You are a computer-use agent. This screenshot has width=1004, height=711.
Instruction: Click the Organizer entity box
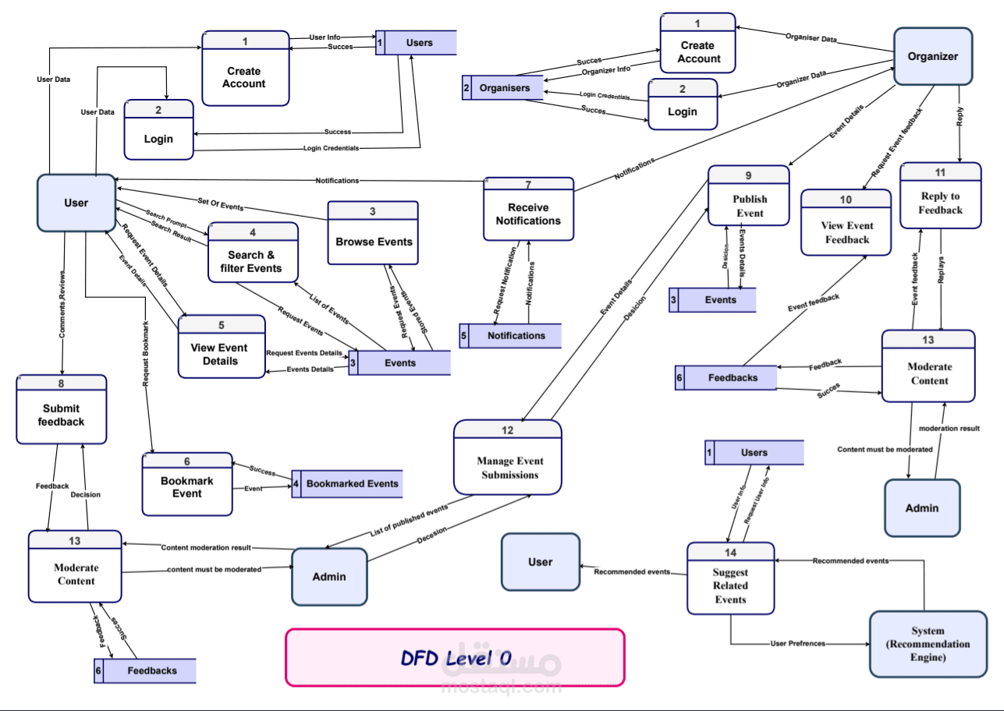coord(932,56)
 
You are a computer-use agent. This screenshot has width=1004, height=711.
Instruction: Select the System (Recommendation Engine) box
coord(928,644)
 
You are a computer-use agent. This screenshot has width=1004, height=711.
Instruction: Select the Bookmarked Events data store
coord(351,483)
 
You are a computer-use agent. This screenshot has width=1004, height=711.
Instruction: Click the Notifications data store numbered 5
coord(515,335)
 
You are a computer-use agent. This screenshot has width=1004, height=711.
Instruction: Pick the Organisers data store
coord(503,88)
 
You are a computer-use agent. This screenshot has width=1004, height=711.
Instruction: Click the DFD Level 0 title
coord(456,658)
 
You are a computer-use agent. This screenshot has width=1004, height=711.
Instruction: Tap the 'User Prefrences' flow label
coord(797,644)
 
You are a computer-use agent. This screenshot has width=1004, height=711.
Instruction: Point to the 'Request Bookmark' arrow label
coord(146,354)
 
